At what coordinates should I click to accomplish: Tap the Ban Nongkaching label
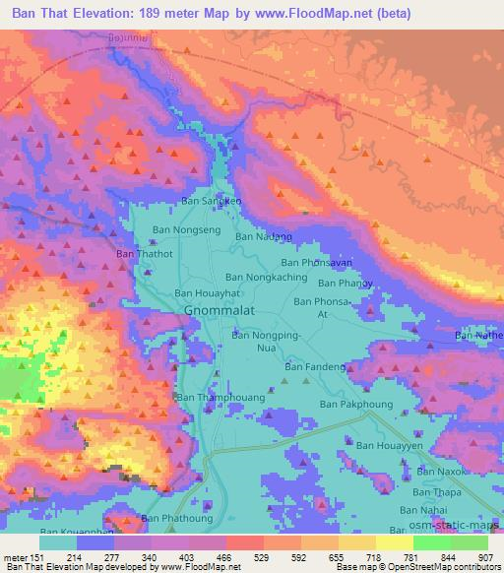point(266,279)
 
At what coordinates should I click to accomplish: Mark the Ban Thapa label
point(436,491)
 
